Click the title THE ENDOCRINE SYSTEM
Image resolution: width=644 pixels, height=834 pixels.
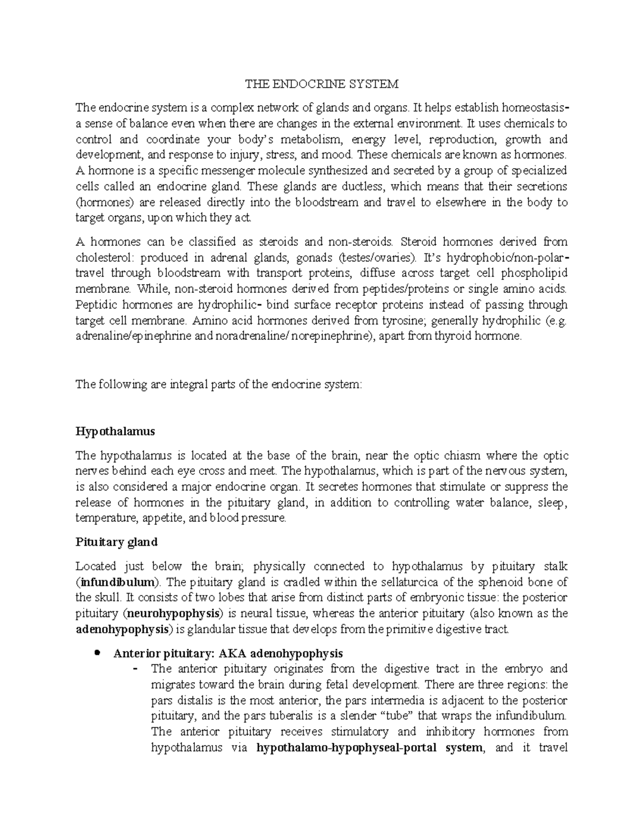(x=322, y=84)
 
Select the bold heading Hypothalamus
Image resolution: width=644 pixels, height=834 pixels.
(x=115, y=432)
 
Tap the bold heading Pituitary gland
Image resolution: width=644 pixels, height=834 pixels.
(x=116, y=542)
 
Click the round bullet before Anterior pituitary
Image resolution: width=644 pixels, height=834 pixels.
(x=97, y=653)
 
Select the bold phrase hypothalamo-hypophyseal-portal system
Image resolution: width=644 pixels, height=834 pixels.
(x=370, y=748)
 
